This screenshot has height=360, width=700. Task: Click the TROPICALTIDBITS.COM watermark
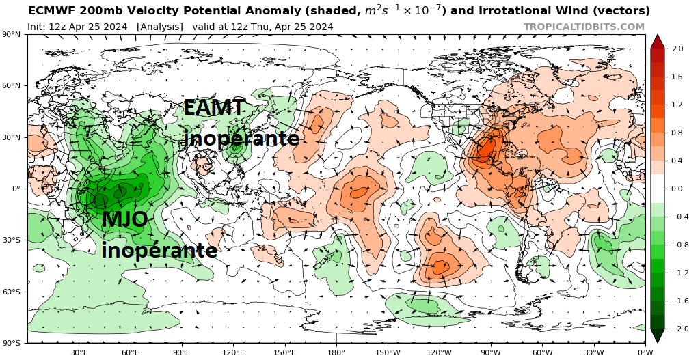584,27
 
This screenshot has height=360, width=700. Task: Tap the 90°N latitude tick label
12,34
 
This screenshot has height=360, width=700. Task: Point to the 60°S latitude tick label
12,292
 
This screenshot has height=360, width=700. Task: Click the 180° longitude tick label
336,352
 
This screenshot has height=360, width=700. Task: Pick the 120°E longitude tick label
233,352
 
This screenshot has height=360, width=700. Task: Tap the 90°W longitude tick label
491,352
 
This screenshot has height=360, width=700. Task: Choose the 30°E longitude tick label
79,352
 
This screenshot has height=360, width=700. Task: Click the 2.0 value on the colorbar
677,49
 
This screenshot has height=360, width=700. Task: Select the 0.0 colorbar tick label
677,189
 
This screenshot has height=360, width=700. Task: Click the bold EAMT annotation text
214,108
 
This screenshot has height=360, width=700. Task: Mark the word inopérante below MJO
159,250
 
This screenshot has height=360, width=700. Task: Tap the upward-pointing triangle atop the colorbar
657,41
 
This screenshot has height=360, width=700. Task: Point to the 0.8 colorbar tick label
677,133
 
